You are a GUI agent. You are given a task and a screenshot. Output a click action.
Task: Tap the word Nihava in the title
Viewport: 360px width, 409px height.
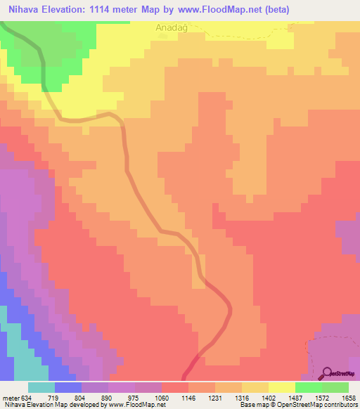point(22,9)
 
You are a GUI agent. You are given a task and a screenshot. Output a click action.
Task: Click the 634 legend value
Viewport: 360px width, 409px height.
point(26,397)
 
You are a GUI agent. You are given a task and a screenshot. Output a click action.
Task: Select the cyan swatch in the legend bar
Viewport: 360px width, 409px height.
point(41,387)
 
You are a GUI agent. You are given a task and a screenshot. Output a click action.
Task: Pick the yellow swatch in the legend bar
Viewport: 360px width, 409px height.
point(282,387)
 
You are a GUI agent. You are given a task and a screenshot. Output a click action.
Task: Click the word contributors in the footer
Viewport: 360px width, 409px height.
point(340,405)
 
